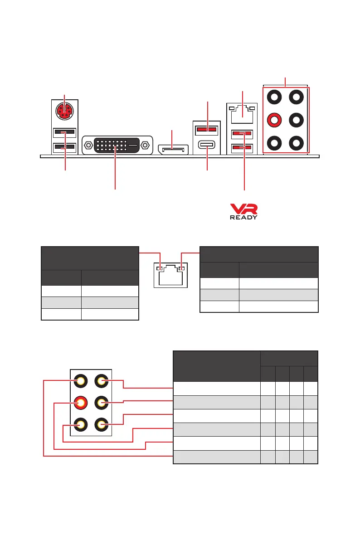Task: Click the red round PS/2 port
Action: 64,111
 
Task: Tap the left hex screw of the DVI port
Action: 88,146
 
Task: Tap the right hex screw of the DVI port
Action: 145,146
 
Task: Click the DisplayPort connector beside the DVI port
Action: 173,149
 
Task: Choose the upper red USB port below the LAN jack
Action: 241,134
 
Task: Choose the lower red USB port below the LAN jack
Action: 241,147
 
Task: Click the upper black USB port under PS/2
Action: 64,133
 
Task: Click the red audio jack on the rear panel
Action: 274,120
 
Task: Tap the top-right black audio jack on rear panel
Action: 297,97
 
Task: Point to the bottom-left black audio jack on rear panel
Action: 274,143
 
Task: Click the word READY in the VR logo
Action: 243,217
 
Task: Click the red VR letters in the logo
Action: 243,209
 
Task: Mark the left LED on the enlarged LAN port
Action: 159,268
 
